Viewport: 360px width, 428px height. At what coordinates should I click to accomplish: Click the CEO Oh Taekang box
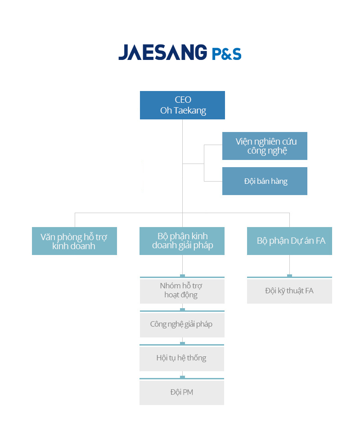pos(182,105)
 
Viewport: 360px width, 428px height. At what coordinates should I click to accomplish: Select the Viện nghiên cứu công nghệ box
pos(265,146)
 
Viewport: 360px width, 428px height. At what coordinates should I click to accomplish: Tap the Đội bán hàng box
pos(265,181)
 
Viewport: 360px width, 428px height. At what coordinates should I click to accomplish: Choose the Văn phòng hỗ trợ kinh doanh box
pos(74,241)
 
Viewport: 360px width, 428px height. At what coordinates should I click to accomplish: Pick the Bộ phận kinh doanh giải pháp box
pos(182,241)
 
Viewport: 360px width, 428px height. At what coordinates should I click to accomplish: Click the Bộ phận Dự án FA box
pos(289,241)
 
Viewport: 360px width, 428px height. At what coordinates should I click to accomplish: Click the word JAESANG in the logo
pos(163,52)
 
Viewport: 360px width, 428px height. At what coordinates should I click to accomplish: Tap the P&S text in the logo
pos(227,54)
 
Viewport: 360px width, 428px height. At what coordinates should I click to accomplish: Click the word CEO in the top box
pos(183,100)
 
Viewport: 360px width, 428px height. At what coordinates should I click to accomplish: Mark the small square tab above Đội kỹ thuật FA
pos(289,276)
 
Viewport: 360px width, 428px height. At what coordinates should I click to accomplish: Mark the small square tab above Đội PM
pos(182,377)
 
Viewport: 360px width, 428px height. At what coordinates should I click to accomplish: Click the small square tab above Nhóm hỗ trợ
pos(182,276)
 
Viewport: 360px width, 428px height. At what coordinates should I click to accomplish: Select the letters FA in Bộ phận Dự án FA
pos(320,241)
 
